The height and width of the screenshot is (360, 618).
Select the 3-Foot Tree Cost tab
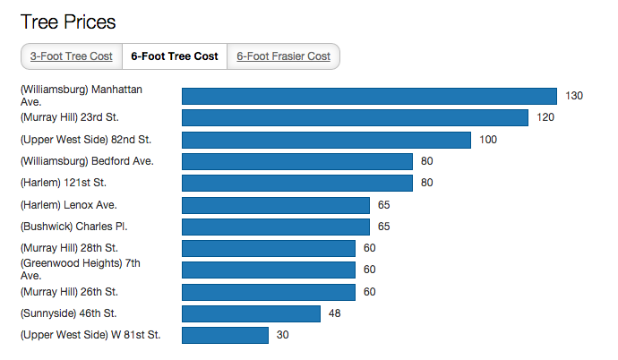71,56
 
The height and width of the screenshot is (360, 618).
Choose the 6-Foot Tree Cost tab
174,56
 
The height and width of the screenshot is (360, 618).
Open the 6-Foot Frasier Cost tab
283,56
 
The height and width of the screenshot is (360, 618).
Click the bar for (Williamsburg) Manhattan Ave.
370,96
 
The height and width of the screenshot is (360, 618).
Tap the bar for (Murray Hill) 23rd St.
355,117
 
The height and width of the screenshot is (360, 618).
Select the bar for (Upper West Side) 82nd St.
326,140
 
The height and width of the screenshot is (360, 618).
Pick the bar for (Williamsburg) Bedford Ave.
296,161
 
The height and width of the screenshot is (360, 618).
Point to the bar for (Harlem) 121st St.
296,183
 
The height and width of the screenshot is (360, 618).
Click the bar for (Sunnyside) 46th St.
251,313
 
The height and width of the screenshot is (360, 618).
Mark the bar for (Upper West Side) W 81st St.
225,335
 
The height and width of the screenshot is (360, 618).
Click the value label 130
574,96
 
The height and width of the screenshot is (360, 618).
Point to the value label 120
545,117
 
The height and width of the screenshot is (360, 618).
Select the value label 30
281,335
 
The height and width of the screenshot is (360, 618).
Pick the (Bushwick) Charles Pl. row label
73,227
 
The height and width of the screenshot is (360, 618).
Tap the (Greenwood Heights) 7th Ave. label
80,270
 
